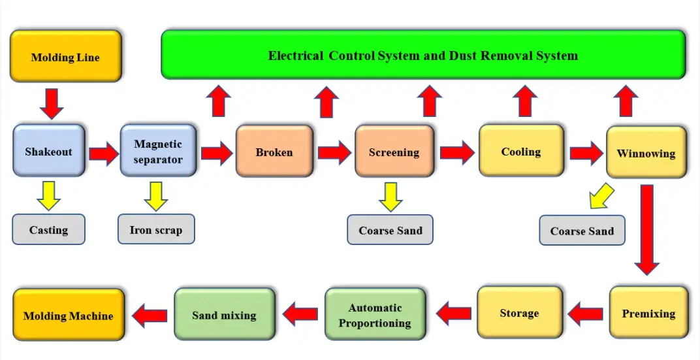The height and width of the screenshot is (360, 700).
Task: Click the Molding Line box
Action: (65, 56)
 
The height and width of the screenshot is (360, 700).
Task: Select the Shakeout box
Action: (49, 151)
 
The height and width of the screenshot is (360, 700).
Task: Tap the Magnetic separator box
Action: (158, 151)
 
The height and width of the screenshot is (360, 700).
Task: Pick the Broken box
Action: (274, 152)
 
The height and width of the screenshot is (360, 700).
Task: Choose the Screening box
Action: (394, 152)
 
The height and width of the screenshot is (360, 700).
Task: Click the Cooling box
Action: (521, 151)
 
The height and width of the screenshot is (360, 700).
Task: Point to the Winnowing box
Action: (646, 153)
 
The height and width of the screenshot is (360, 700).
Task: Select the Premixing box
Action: (648, 313)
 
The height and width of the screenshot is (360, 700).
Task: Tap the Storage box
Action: (519, 313)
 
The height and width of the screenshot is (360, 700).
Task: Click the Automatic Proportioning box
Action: (375, 314)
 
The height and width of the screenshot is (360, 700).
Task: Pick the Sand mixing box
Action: (224, 315)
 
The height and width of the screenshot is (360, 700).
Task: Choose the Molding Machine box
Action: (69, 315)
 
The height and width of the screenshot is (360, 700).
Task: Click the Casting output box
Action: (48, 229)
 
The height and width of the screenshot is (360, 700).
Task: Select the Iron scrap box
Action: (156, 229)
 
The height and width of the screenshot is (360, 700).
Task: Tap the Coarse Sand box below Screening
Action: (390, 230)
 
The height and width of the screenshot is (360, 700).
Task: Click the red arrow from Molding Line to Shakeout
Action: (51, 103)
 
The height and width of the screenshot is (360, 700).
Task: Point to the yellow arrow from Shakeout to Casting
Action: (48, 195)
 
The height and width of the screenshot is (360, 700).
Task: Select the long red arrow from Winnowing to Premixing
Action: (646, 229)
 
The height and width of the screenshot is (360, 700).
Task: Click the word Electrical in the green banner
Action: (296, 55)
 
